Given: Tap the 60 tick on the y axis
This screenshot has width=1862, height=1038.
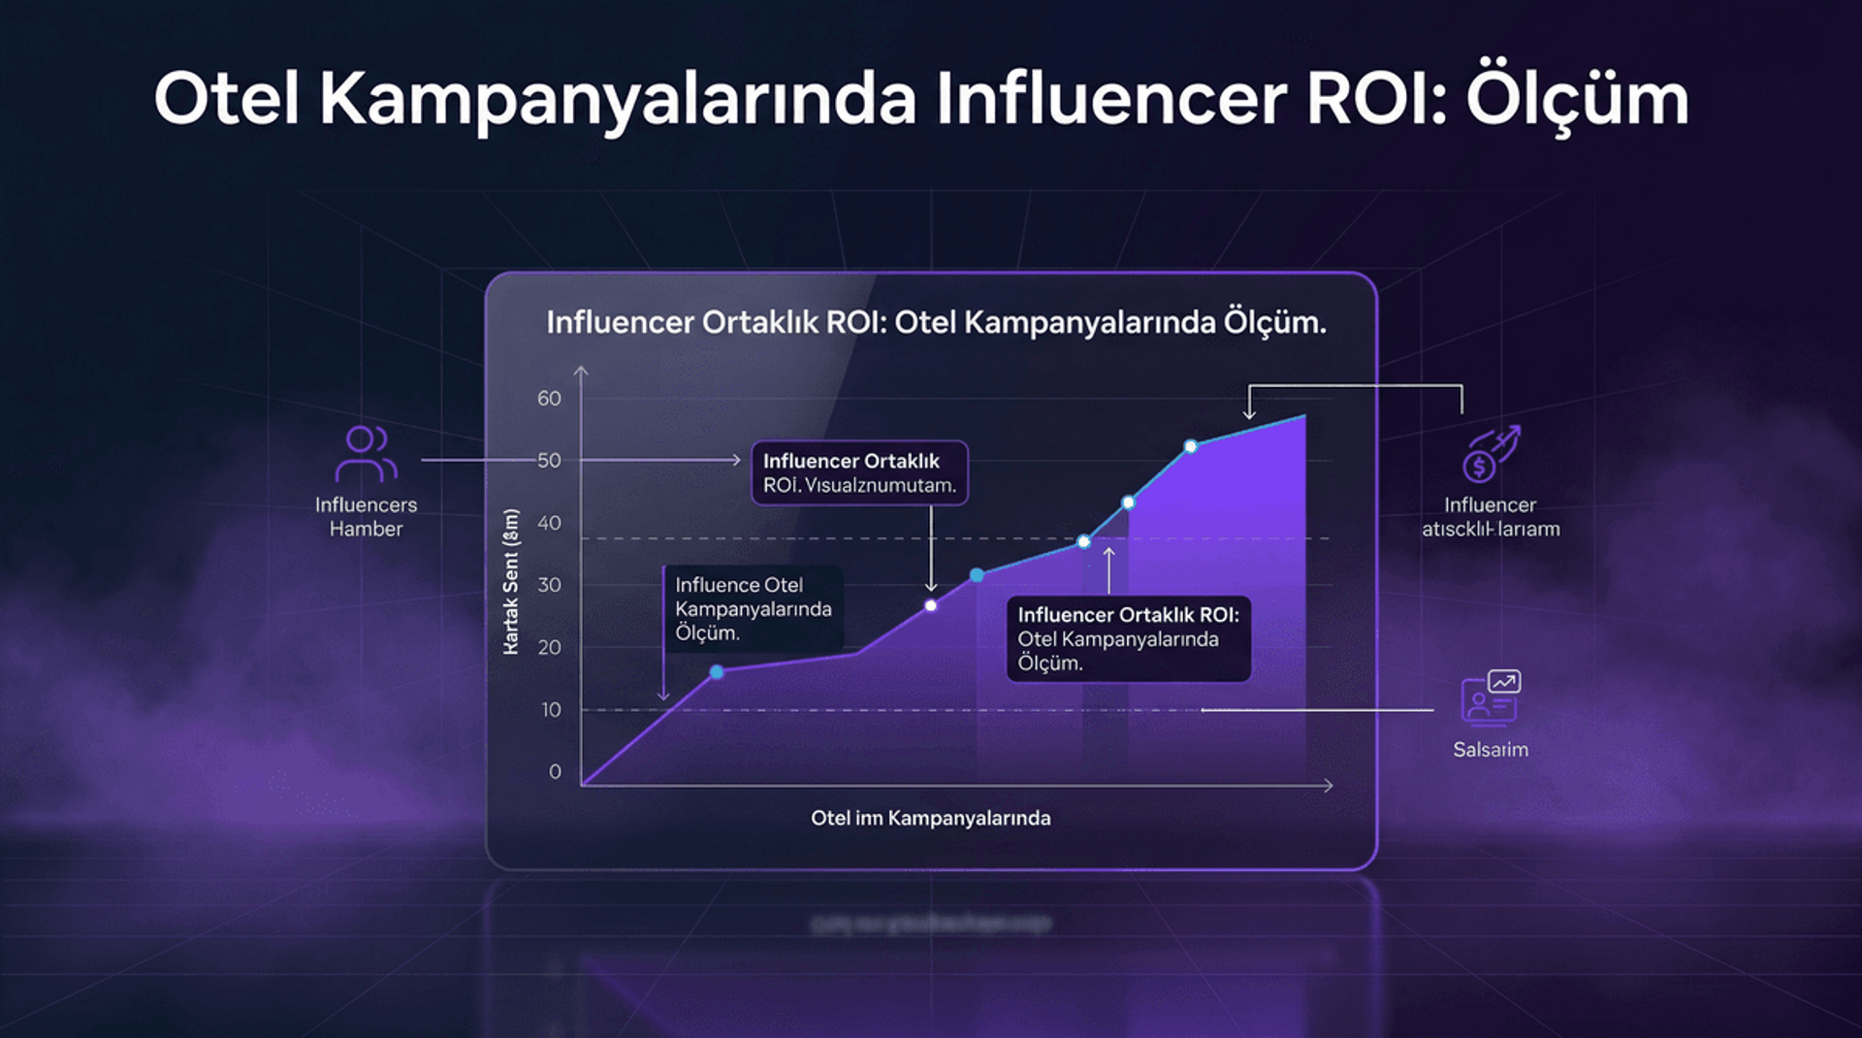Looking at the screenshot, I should pos(549,399).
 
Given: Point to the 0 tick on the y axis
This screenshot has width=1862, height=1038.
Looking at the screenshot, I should pos(555,772).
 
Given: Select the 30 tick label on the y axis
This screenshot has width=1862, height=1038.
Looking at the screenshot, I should pos(549,585).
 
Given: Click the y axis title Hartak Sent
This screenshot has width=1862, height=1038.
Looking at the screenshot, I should pos(511,582).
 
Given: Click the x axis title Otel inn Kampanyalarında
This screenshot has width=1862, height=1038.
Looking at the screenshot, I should pos(930,818).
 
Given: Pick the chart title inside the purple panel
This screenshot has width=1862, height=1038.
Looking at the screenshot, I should pos(936,322).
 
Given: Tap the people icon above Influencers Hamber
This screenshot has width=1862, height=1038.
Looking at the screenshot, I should pos(366,454).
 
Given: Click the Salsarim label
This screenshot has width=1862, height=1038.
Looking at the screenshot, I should pos(1491,750).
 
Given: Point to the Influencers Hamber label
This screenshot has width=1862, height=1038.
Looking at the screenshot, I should pos(366,517).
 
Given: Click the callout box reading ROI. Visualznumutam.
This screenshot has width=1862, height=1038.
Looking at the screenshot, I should pos(859,473).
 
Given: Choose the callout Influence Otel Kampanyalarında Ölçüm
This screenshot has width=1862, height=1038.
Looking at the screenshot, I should pos(754,609).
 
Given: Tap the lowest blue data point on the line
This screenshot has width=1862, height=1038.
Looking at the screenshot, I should pos(717,672).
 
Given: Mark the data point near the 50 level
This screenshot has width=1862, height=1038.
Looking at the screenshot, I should pos(1191,447).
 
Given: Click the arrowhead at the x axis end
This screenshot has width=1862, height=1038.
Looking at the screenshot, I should pos(1329,785).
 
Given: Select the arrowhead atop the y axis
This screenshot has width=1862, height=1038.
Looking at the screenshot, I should pos(581,372).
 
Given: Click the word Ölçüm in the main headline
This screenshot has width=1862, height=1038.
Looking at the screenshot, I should pos(1577,99).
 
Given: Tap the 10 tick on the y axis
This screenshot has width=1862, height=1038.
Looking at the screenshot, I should pos(551,710).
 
